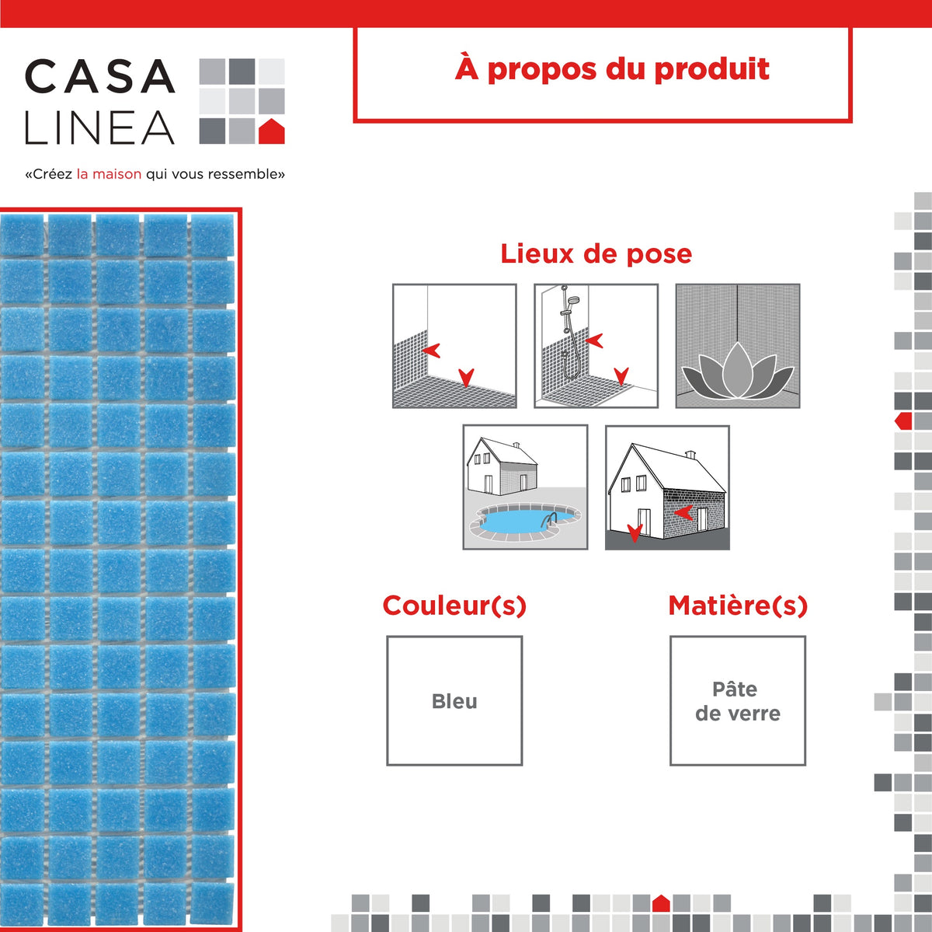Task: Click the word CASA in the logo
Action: click(99, 75)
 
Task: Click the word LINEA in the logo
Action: click(99, 127)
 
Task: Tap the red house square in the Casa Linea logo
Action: click(271, 131)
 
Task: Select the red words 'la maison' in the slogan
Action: click(109, 174)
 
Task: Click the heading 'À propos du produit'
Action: click(612, 69)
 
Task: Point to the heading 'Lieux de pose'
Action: click(596, 253)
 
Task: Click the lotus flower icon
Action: click(738, 371)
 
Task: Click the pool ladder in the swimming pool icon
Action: click(549, 519)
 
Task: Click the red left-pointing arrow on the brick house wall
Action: click(683, 513)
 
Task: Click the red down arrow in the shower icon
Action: click(621, 376)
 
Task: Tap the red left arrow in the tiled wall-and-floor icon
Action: click(430, 351)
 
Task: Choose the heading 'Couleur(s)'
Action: click(454, 606)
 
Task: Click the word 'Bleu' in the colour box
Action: click(454, 701)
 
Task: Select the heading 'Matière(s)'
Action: click(738, 606)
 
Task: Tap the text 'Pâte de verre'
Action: click(738, 701)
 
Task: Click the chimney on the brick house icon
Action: click(690, 455)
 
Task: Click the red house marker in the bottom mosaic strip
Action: click(661, 903)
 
